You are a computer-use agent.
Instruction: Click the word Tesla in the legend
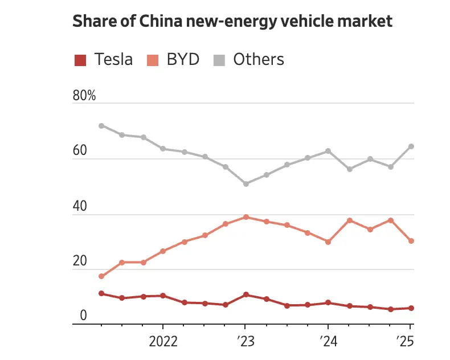(x=114, y=59)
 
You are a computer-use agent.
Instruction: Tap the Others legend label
(x=259, y=59)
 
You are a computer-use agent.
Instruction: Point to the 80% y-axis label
(x=84, y=96)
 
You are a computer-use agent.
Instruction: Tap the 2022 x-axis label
(x=163, y=342)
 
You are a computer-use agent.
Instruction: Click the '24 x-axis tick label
(x=328, y=342)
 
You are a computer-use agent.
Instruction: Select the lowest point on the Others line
(x=246, y=184)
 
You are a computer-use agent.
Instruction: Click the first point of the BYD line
(x=101, y=276)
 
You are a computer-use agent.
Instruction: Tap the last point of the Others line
(x=411, y=146)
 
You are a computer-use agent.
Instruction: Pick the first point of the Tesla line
(x=101, y=293)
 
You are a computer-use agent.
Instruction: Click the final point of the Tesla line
(x=411, y=308)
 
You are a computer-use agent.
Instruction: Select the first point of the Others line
(x=101, y=126)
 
